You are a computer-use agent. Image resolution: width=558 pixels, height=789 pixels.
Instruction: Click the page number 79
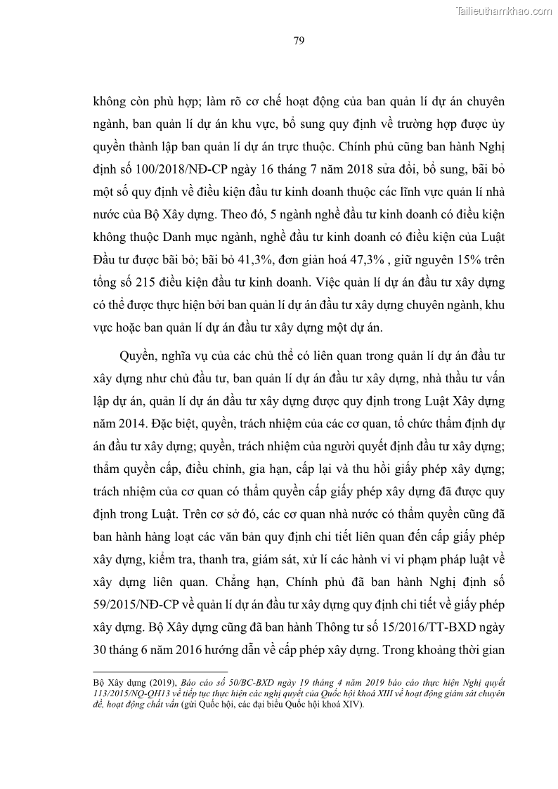tap(298, 40)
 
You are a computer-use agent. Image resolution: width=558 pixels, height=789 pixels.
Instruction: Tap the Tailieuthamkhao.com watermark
tap(503, 11)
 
